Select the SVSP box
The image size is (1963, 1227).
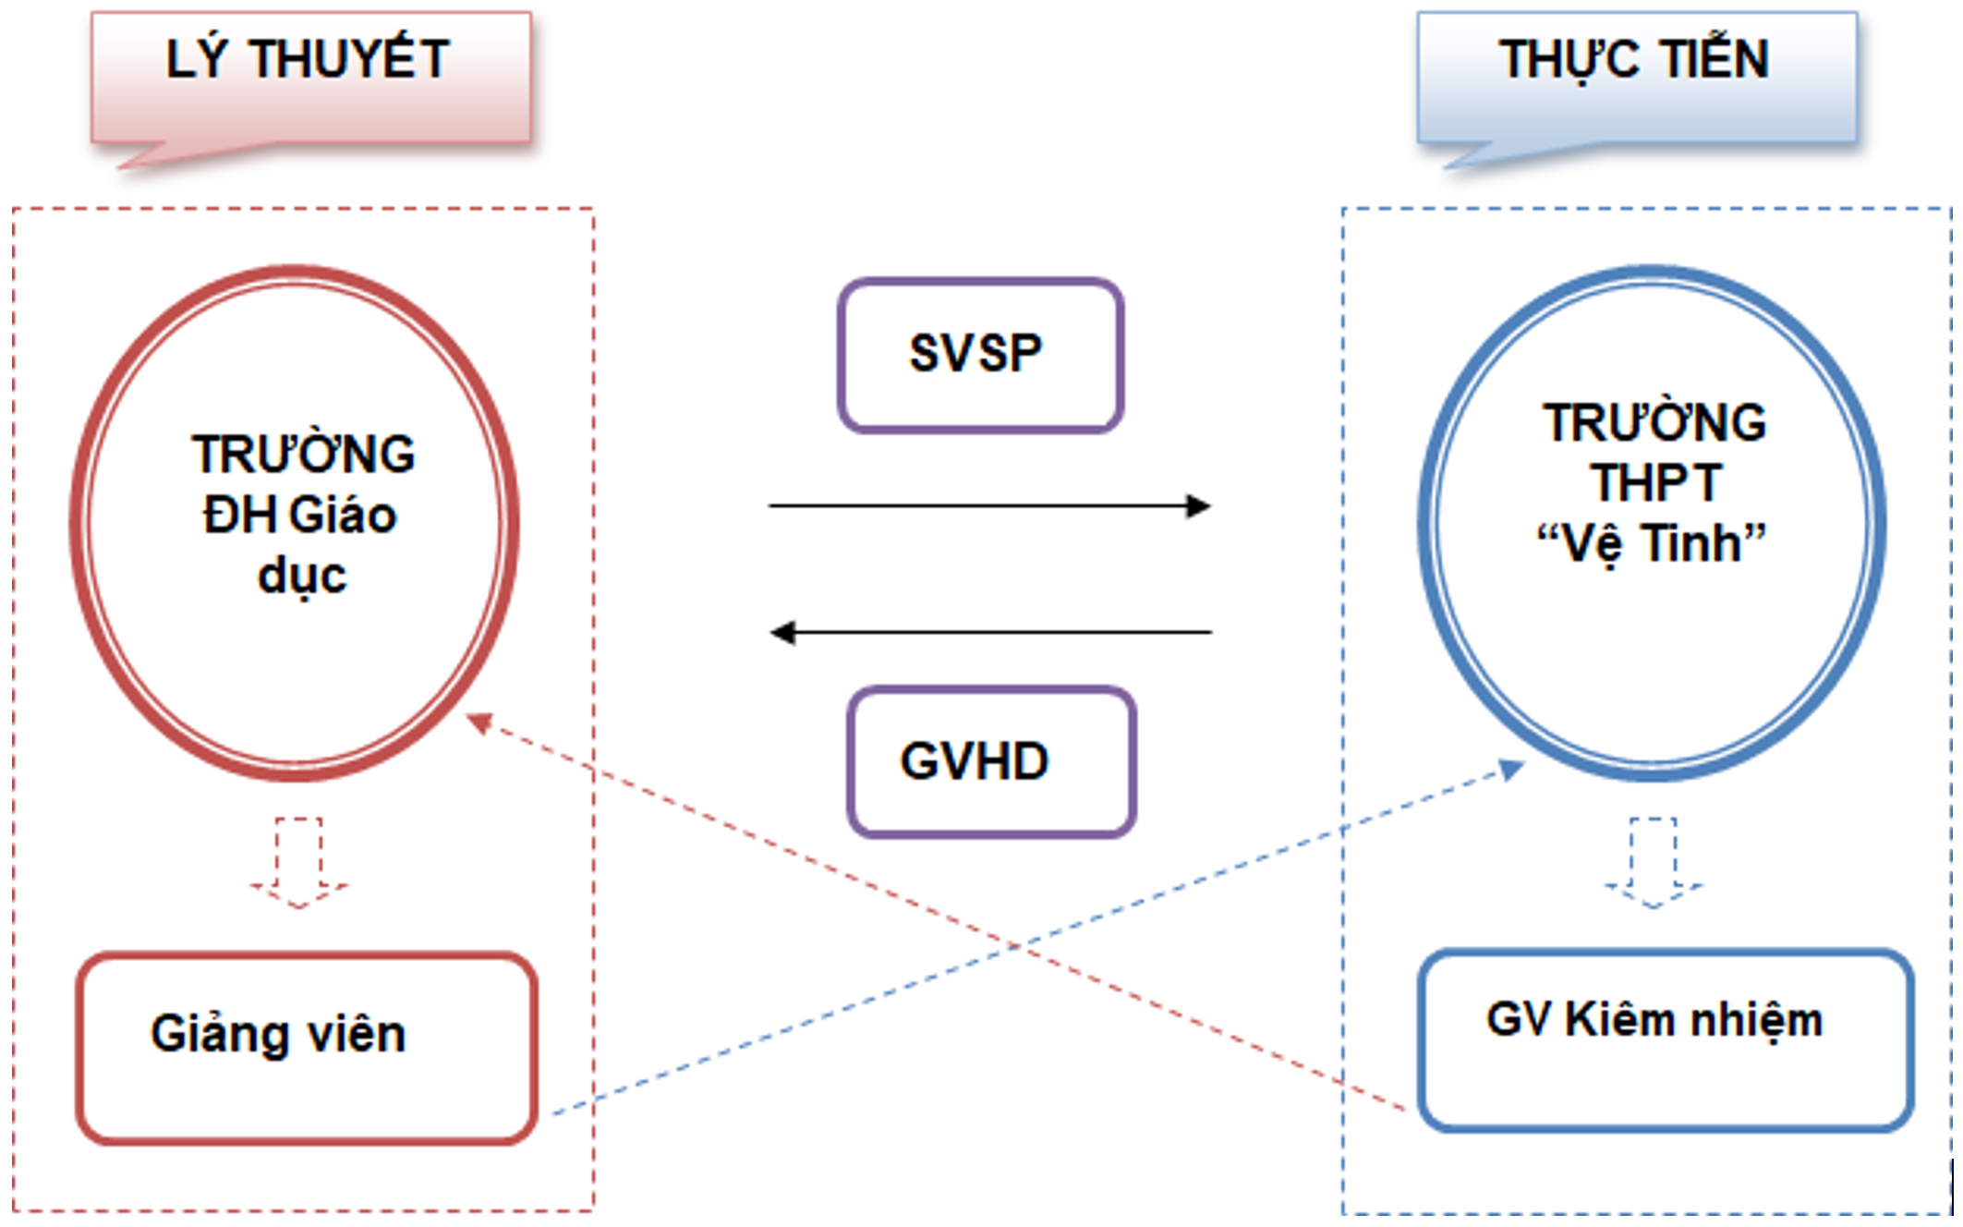click(980, 355)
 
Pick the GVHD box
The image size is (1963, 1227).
click(991, 761)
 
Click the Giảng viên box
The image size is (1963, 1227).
click(307, 1048)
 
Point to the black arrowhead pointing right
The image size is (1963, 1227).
click(1199, 505)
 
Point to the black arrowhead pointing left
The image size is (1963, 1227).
click(782, 633)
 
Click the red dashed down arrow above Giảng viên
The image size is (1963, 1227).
click(298, 863)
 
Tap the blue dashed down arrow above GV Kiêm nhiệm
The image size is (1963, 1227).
click(1653, 863)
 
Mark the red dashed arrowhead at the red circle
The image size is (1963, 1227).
click(479, 722)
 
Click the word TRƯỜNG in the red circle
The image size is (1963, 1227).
click(303, 455)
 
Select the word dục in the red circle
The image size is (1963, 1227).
click(302, 577)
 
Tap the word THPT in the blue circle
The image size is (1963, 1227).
click(1655, 482)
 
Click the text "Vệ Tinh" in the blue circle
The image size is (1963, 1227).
click(1651, 543)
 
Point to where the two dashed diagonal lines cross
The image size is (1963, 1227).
click(1014, 946)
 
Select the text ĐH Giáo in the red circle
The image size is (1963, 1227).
click(300, 515)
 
